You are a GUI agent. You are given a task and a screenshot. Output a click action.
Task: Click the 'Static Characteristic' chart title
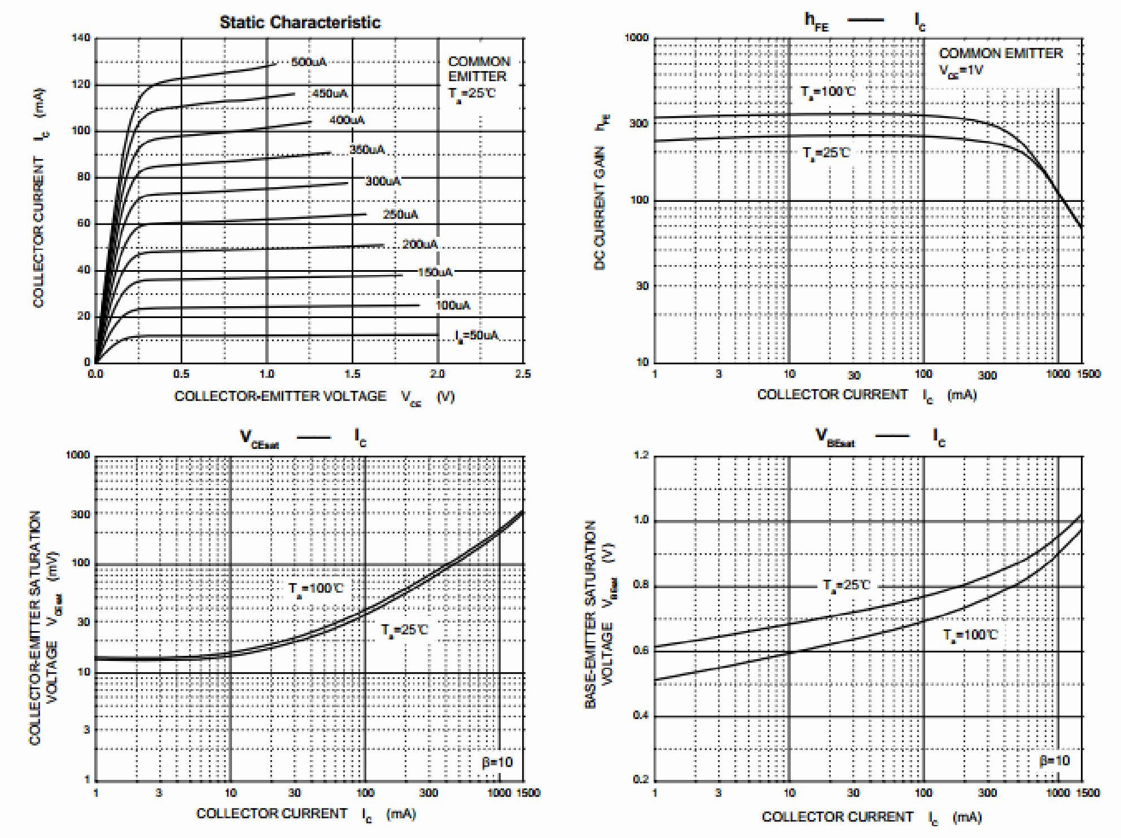coord(300,23)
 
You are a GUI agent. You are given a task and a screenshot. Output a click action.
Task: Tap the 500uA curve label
coord(309,62)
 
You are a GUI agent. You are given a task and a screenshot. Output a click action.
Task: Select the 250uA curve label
coord(400,214)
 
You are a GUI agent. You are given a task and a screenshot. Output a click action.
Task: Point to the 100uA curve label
coord(453,305)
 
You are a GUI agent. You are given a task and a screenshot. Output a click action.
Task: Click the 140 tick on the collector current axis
coord(81,38)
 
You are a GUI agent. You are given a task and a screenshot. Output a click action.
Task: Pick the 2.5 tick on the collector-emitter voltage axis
coord(523,374)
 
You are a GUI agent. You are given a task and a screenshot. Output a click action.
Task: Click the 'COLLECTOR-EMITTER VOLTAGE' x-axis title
coord(280,396)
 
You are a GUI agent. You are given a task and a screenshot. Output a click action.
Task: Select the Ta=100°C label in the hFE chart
coord(827,92)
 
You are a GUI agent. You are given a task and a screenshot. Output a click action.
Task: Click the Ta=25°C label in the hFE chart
coord(826,153)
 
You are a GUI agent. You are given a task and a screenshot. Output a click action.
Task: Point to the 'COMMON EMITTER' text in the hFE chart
coord(1000,54)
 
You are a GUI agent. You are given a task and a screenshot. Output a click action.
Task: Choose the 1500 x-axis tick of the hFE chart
coord(1088,374)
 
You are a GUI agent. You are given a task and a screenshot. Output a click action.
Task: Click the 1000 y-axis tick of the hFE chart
coord(637,38)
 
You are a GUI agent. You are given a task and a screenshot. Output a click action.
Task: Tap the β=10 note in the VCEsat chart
coord(497,762)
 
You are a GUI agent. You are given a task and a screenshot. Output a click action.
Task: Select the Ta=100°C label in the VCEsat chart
coord(316,589)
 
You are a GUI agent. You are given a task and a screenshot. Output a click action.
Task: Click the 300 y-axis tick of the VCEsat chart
coord(81,514)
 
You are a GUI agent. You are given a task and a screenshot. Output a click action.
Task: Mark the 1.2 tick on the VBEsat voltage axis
coord(641,455)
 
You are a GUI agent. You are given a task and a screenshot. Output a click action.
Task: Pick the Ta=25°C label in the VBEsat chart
coord(846,585)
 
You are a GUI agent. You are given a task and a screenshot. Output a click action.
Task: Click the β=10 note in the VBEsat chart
coord(1054,761)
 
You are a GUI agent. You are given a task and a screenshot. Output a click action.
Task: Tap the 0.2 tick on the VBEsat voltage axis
coord(641,779)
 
